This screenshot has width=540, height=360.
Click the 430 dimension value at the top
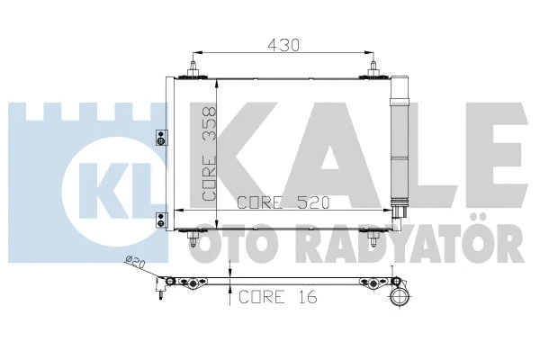point(283,43)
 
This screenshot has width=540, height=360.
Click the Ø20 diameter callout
point(134,264)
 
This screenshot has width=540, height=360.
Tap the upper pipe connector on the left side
point(161,138)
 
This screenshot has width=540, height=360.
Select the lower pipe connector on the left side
point(161,217)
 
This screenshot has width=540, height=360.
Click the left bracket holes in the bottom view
point(191,283)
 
